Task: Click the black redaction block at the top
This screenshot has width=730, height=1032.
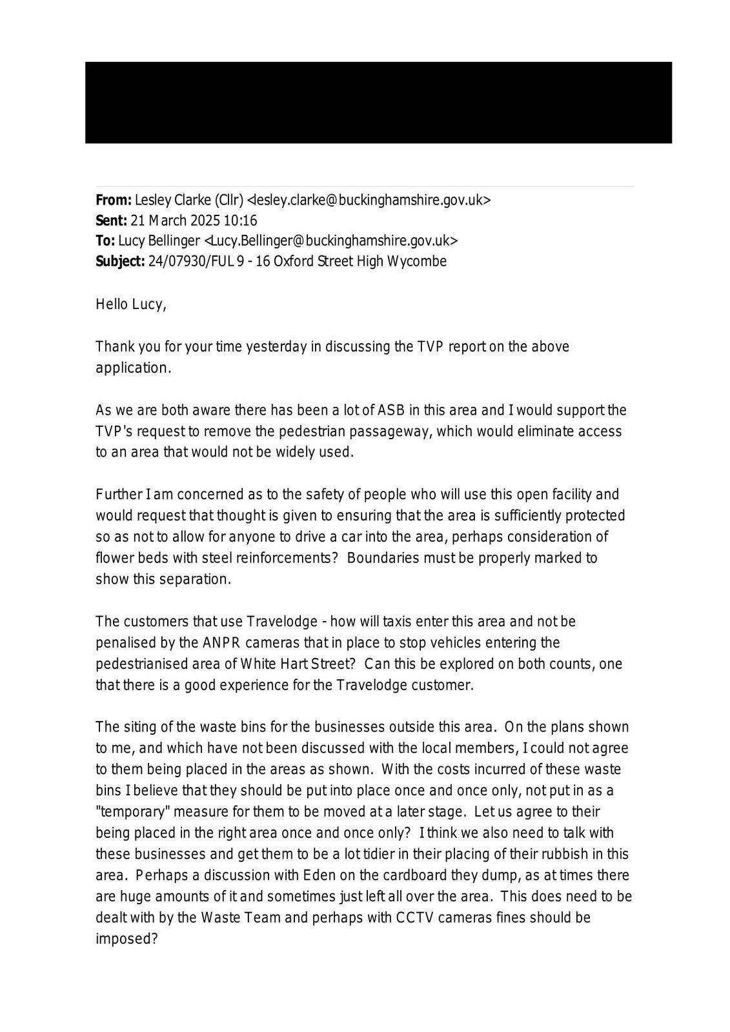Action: click(378, 103)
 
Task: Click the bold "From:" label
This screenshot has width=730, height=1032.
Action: click(114, 200)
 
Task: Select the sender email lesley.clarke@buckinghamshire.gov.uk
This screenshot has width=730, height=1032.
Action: click(369, 200)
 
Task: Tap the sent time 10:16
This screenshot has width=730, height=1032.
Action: click(240, 221)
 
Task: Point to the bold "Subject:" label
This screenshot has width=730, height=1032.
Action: click(120, 262)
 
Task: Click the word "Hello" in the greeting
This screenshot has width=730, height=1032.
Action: click(112, 304)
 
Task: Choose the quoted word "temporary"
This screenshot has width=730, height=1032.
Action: click(132, 811)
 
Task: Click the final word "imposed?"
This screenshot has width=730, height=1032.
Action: click(127, 939)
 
